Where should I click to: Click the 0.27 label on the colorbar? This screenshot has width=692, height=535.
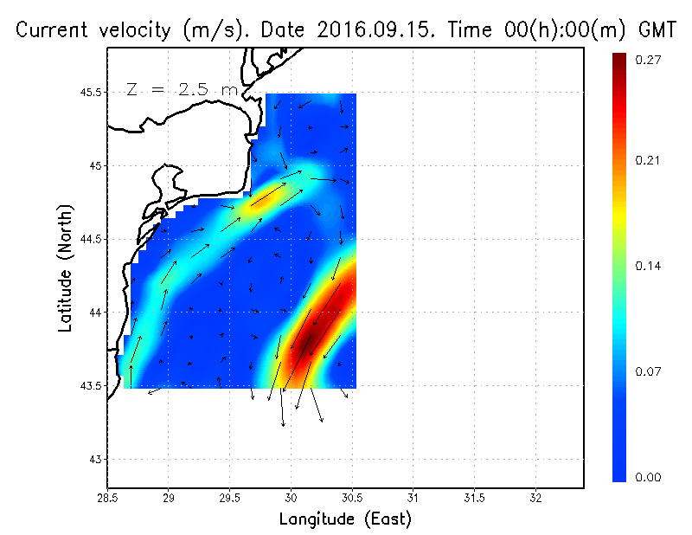pyautogui.click(x=650, y=60)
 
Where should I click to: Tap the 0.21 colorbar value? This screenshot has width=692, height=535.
pyautogui.click(x=650, y=160)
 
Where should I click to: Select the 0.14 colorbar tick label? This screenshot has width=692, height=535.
pyautogui.click(x=650, y=266)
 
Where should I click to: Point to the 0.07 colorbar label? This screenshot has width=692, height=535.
pyautogui.click(x=650, y=371)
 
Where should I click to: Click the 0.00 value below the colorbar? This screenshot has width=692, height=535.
pyautogui.click(x=650, y=477)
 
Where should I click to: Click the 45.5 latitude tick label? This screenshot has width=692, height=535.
pyautogui.click(x=91, y=92)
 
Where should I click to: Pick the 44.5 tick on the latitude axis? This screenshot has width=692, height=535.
pyautogui.click(x=91, y=238)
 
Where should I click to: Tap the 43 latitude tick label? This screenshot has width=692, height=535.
pyautogui.click(x=97, y=459)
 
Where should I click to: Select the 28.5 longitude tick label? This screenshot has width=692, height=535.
pyautogui.click(x=107, y=498)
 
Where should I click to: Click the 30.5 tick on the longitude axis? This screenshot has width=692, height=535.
pyautogui.click(x=352, y=498)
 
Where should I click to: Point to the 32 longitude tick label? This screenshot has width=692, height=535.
pyautogui.click(x=535, y=498)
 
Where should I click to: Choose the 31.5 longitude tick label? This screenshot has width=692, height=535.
pyautogui.click(x=474, y=498)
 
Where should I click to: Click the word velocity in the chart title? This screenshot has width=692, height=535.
pyautogui.click(x=131, y=30)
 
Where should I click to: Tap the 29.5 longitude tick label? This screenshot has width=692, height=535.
pyautogui.click(x=230, y=498)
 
